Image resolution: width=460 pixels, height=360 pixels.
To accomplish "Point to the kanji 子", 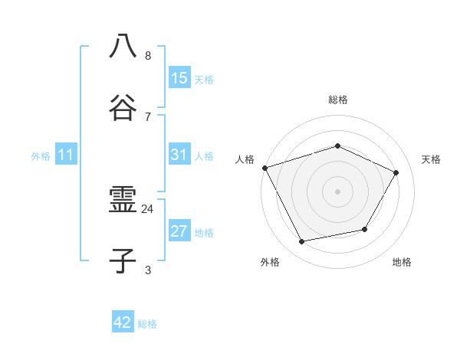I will click(x=123, y=261).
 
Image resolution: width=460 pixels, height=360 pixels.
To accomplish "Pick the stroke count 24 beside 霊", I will click(x=147, y=208).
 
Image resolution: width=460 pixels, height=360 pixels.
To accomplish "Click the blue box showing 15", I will click(x=179, y=77).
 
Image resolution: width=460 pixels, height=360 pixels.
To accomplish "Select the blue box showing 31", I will click(x=179, y=155).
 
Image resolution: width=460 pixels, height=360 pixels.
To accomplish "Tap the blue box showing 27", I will click(x=179, y=231).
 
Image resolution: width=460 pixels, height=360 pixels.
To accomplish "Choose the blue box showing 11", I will click(x=66, y=155).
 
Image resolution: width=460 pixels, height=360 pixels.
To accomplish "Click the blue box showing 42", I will click(x=123, y=322).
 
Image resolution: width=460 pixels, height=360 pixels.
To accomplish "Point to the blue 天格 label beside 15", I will click(x=203, y=79).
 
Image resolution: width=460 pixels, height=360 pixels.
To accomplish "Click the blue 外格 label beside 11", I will click(x=41, y=156).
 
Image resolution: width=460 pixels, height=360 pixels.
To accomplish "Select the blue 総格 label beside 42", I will click(x=147, y=324).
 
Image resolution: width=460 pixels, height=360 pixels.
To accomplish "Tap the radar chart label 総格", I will click(x=337, y=100).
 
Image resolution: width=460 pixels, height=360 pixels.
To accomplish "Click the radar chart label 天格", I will click(x=431, y=159).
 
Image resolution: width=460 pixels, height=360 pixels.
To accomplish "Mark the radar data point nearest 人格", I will click(x=264, y=168).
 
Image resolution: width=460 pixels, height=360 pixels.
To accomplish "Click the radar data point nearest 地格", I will click(x=365, y=229).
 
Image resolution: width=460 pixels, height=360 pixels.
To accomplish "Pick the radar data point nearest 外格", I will click(x=301, y=242).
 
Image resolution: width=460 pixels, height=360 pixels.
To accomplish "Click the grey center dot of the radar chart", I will click(x=337, y=191).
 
